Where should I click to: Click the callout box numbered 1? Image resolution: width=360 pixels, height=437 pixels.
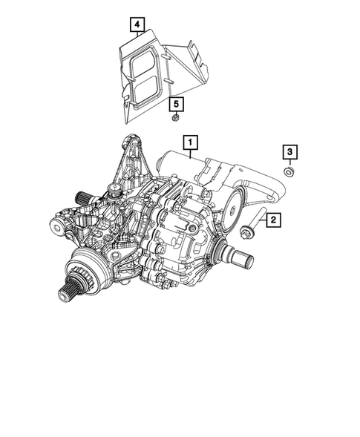[192, 140]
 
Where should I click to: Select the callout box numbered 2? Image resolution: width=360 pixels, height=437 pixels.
[274, 219]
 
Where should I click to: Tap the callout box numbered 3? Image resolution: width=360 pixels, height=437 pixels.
[289, 152]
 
